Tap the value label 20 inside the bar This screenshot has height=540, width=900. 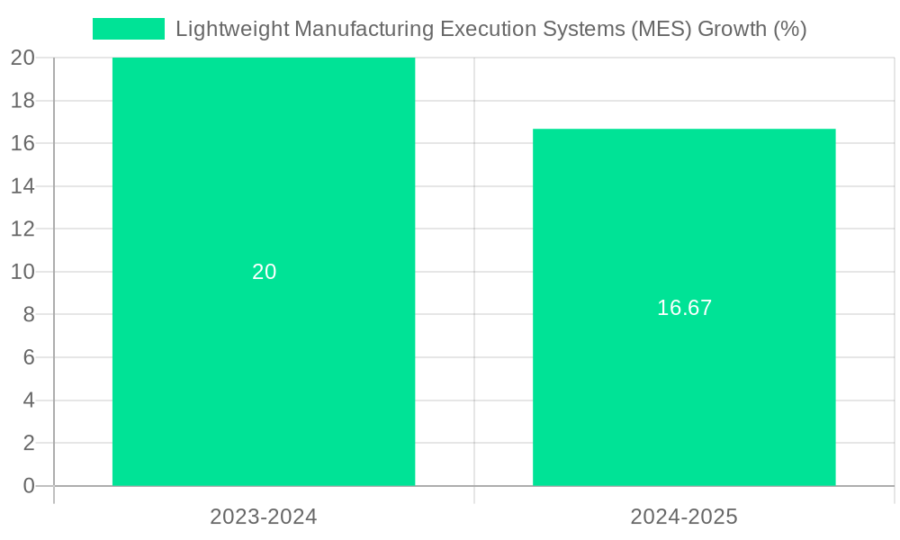coord(264,272)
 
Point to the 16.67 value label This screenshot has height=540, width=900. coord(684,308)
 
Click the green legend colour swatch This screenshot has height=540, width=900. coord(129,29)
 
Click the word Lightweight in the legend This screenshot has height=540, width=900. coord(232,29)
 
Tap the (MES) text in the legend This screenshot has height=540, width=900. coord(663,29)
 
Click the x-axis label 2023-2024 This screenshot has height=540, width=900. coord(264,517)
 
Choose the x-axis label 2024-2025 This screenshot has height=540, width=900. coord(684,517)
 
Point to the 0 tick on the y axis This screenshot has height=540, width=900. coord(29,486)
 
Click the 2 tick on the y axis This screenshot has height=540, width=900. coord(29,443)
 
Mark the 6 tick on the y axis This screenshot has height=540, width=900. coord(29,357)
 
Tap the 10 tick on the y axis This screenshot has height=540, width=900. coord(22,272)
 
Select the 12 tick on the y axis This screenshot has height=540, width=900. coord(22,229)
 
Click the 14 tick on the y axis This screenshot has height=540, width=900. coord(22,186)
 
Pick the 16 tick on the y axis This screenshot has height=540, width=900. coord(22,143)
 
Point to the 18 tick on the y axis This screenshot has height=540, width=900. coord(22,101)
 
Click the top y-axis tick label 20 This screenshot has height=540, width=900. coord(22,58)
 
